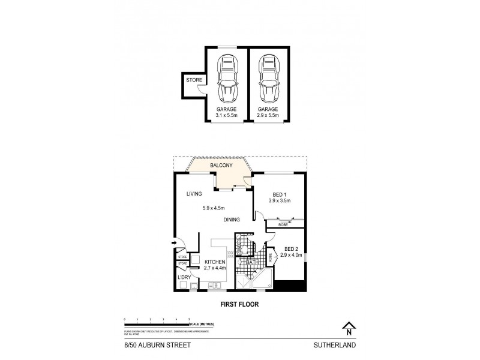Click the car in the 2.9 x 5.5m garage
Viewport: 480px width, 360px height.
click(x=268, y=80)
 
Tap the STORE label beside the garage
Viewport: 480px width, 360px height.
click(x=193, y=80)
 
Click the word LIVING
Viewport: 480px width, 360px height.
click(x=193, y=194)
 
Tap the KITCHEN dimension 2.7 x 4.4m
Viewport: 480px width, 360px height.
click(x=215, y=269)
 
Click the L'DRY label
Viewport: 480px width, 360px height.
click(x=184, y=278)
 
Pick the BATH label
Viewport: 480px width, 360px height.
click(x=252, y=262)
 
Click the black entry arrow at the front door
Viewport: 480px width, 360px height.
click(x=175, y=243)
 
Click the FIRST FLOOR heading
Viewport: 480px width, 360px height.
click(x=239, y=304)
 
